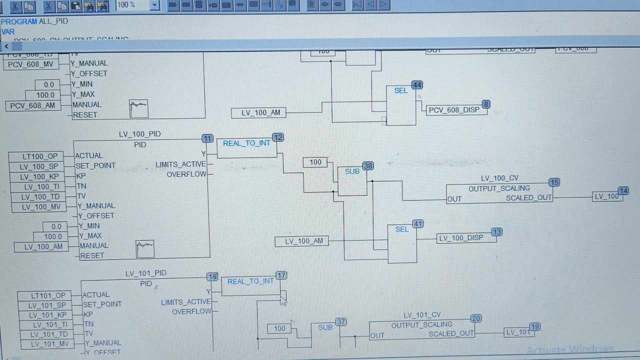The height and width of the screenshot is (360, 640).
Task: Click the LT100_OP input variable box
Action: tap(40, 156)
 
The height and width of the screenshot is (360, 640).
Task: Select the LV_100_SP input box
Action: tap(39, 166)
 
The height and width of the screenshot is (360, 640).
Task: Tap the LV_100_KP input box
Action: tap(39, 176)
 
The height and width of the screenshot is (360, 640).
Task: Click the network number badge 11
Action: tap(207, 138)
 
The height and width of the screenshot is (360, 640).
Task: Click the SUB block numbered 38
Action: tap(352, 180)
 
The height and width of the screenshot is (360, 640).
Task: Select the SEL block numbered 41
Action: tap(402, 243)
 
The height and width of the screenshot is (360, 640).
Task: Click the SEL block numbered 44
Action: tap(401, 104)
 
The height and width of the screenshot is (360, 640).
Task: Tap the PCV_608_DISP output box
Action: tap(454, 110)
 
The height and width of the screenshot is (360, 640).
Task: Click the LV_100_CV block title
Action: tap(499, 178)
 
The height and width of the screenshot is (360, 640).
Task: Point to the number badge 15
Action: tap(554, 182)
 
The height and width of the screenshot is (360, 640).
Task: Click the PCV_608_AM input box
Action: tap(33, 105)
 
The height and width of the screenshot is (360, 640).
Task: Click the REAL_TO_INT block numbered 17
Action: tap(251, 285)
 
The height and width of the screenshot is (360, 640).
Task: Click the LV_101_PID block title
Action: tap(145, 273)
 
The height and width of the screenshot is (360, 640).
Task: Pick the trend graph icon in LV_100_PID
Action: tap(145, 249)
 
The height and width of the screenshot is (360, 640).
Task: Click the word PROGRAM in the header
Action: tap(19, 21)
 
